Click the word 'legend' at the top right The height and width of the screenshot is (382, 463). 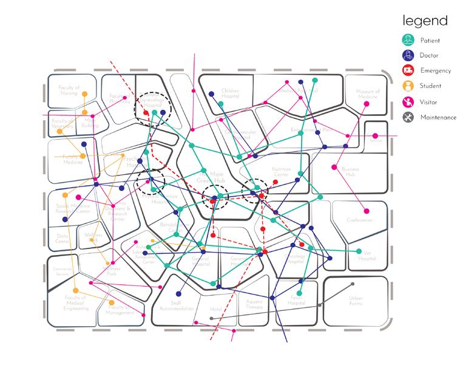[x=424, y=21]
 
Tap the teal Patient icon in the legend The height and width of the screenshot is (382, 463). [x=408, y=41]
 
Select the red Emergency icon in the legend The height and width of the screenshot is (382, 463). [x=408, y=71]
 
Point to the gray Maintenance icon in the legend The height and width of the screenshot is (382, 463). [x=408, y=117]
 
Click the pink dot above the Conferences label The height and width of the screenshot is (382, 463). [x=366, y=211]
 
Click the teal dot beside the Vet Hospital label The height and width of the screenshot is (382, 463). [x=359, y=251]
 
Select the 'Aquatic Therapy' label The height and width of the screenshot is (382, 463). [x=254, y=304]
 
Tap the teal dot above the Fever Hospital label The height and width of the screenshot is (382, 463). [x=300, y=293]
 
